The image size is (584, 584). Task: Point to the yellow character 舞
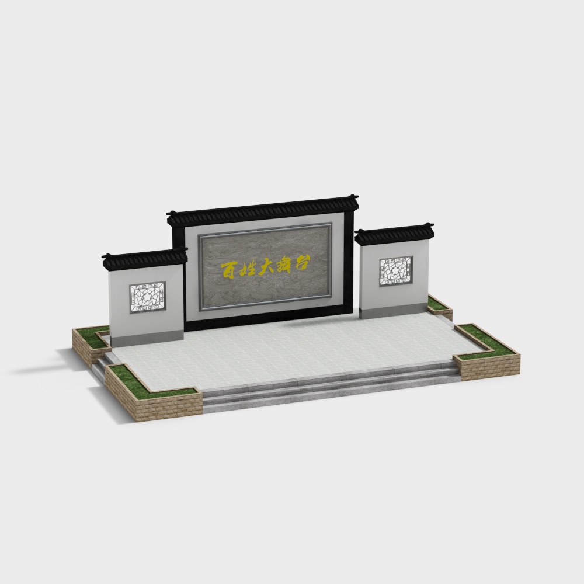click(x=286, y=265)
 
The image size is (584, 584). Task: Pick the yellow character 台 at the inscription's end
click(x=303, y=263)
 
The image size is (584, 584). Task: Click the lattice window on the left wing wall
click(x=148, y=297)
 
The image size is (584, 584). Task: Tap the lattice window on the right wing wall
click(x=396, y=271)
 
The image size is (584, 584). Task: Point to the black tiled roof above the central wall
click(x=263, y=211)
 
